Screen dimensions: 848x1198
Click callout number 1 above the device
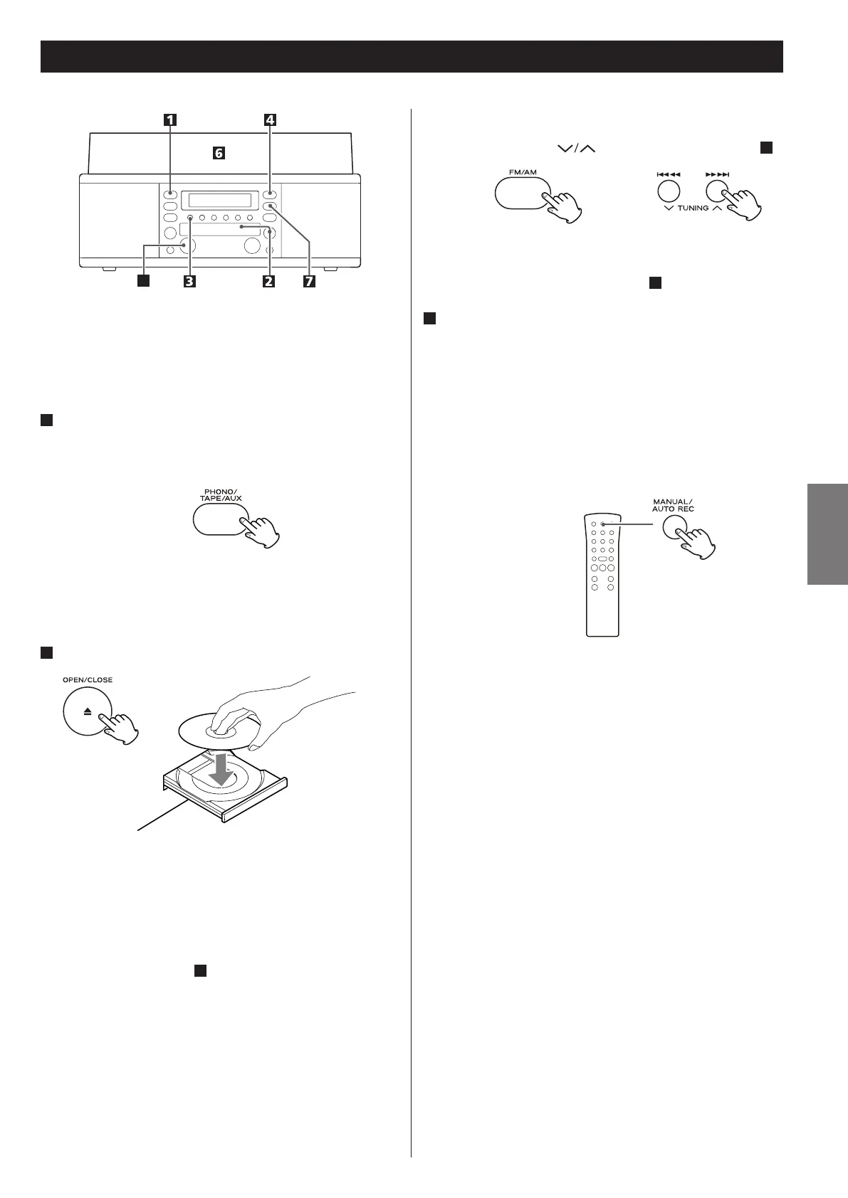tap(170, 120)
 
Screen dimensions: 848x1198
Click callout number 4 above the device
tap(270, 120)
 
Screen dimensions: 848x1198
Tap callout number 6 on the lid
tap(219, 153)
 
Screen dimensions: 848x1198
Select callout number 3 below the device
tap(189, 281)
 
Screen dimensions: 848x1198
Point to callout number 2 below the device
tap(268, 281)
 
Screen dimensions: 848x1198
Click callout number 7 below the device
tap(308, 281)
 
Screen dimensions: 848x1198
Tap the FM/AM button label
tap(523, 171)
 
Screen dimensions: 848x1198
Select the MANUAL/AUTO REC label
tap(673, 506)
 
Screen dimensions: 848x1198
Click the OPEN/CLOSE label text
tap(88, 679)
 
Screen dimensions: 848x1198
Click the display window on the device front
tap(216, 200)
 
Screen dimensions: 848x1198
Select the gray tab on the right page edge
tap(827, 534)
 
